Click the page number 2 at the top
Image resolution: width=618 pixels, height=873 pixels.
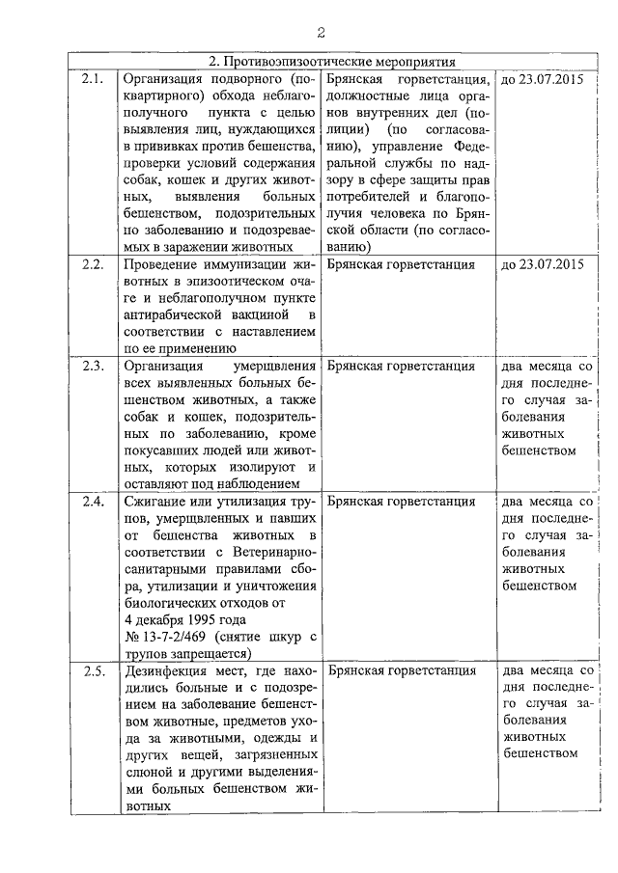[320, 34]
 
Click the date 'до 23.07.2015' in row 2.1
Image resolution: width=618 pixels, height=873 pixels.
[544, 77]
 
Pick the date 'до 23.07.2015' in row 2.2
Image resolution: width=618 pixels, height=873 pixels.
[544, 263]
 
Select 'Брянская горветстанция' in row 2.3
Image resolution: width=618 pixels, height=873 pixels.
[402, 367]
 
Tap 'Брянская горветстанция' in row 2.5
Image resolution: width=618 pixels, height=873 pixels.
[402, 671]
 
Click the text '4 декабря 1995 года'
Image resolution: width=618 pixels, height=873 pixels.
[185, 619]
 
